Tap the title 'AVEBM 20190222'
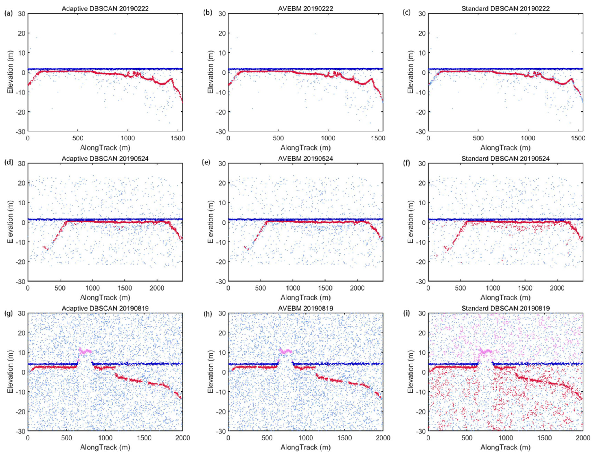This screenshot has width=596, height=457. pyautogui.click(x=305, y=9)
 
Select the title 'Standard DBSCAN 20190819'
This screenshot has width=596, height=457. pyautogui.click(x=505, y=308)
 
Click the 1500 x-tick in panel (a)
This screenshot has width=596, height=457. pyautogui.click(x=177, y=138)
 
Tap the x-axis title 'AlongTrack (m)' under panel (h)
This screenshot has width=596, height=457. pyautogui.click(x=305, y=447)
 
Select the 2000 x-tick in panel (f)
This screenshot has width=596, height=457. pyautogui.click(x=557, y=288)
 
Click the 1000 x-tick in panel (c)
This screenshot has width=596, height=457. pyautogui.click(x=528, y=138)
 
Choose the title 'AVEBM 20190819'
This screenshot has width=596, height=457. pyautogui.click(x=305, y=308)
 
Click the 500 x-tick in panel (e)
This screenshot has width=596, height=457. pyautogui.click(x=261, y=288)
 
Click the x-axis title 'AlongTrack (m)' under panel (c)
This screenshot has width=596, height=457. pyautogui.click(x=505, y=148)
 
